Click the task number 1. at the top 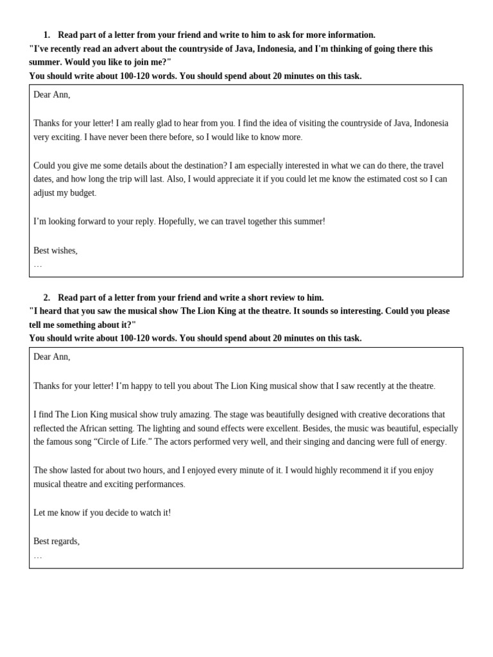click(47, 35)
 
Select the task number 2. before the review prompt click(47, 298)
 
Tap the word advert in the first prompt click(125, 49)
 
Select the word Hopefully click(178, 221)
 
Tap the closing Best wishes click(55, 251)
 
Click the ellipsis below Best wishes click(38, 264)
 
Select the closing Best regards click(56, 542)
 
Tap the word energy click(431, 442)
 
